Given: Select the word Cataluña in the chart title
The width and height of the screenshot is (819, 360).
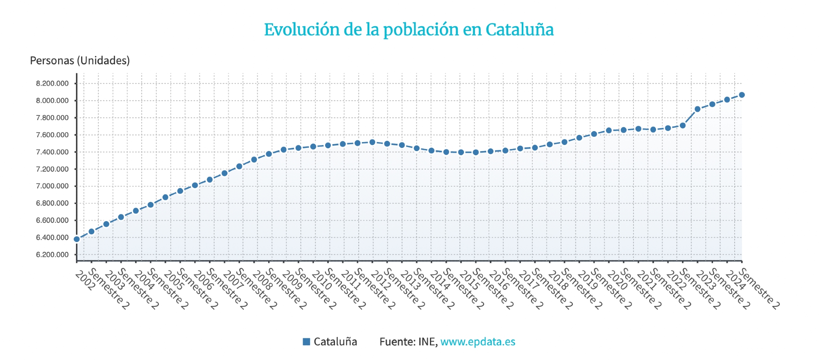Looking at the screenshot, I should [519, 30].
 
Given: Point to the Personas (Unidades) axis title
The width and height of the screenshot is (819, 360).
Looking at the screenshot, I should [80, 61].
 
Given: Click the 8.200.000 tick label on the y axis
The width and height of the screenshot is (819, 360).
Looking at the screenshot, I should [52, 84].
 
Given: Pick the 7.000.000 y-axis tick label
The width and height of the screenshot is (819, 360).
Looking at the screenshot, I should [52, 186].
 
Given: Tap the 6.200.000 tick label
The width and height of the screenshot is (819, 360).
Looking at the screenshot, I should [52, 254].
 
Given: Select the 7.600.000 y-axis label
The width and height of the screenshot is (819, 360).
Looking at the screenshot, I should [52, 135].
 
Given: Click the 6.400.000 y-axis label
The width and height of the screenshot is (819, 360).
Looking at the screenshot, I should [52, 238].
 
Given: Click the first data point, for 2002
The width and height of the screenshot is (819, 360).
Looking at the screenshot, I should [77, 239].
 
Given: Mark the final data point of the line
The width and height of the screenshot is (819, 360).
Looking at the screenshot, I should [742, 95].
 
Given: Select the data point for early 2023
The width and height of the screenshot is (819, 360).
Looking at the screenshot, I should [697, 109].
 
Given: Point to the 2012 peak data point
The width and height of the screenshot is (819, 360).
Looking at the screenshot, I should [372, 142].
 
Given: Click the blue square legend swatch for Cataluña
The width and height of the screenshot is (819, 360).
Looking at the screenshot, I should [306, 342].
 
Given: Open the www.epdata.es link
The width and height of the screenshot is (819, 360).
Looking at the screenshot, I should [477, 342].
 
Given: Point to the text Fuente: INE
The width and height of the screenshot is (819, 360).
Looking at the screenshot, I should [408, 342].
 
